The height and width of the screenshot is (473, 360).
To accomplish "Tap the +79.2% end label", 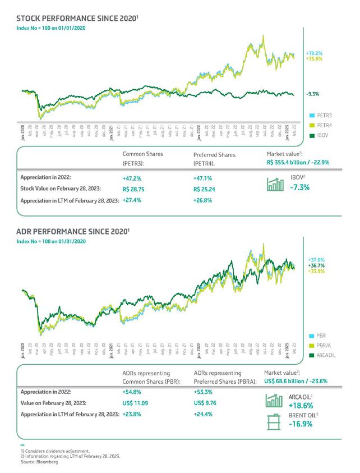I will (x=315, y=53).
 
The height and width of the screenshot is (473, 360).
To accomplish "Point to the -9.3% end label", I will (x=312, y=94).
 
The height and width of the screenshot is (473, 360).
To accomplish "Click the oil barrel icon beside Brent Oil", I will (x=274, y=421).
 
